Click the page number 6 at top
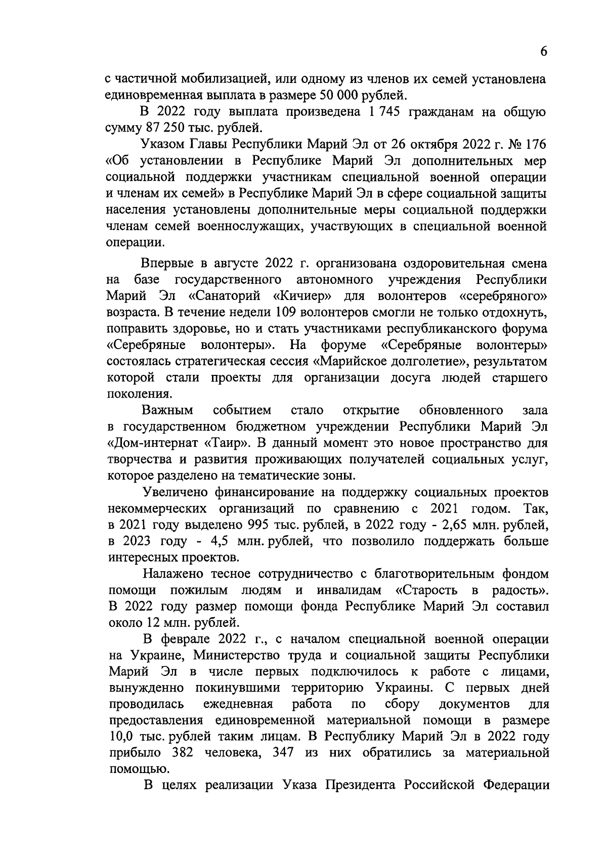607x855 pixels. click(x=543, y=51)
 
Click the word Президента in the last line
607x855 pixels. click(x=365, y=786)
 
